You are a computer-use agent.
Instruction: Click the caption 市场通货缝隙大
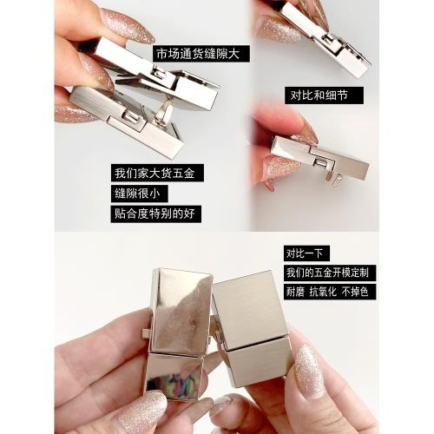[x=198, y=54]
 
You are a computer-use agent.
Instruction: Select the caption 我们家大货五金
[x=157, y=172]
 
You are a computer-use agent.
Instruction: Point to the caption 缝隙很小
[x=139, y=193]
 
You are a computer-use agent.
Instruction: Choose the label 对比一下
[x=306, y=255]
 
